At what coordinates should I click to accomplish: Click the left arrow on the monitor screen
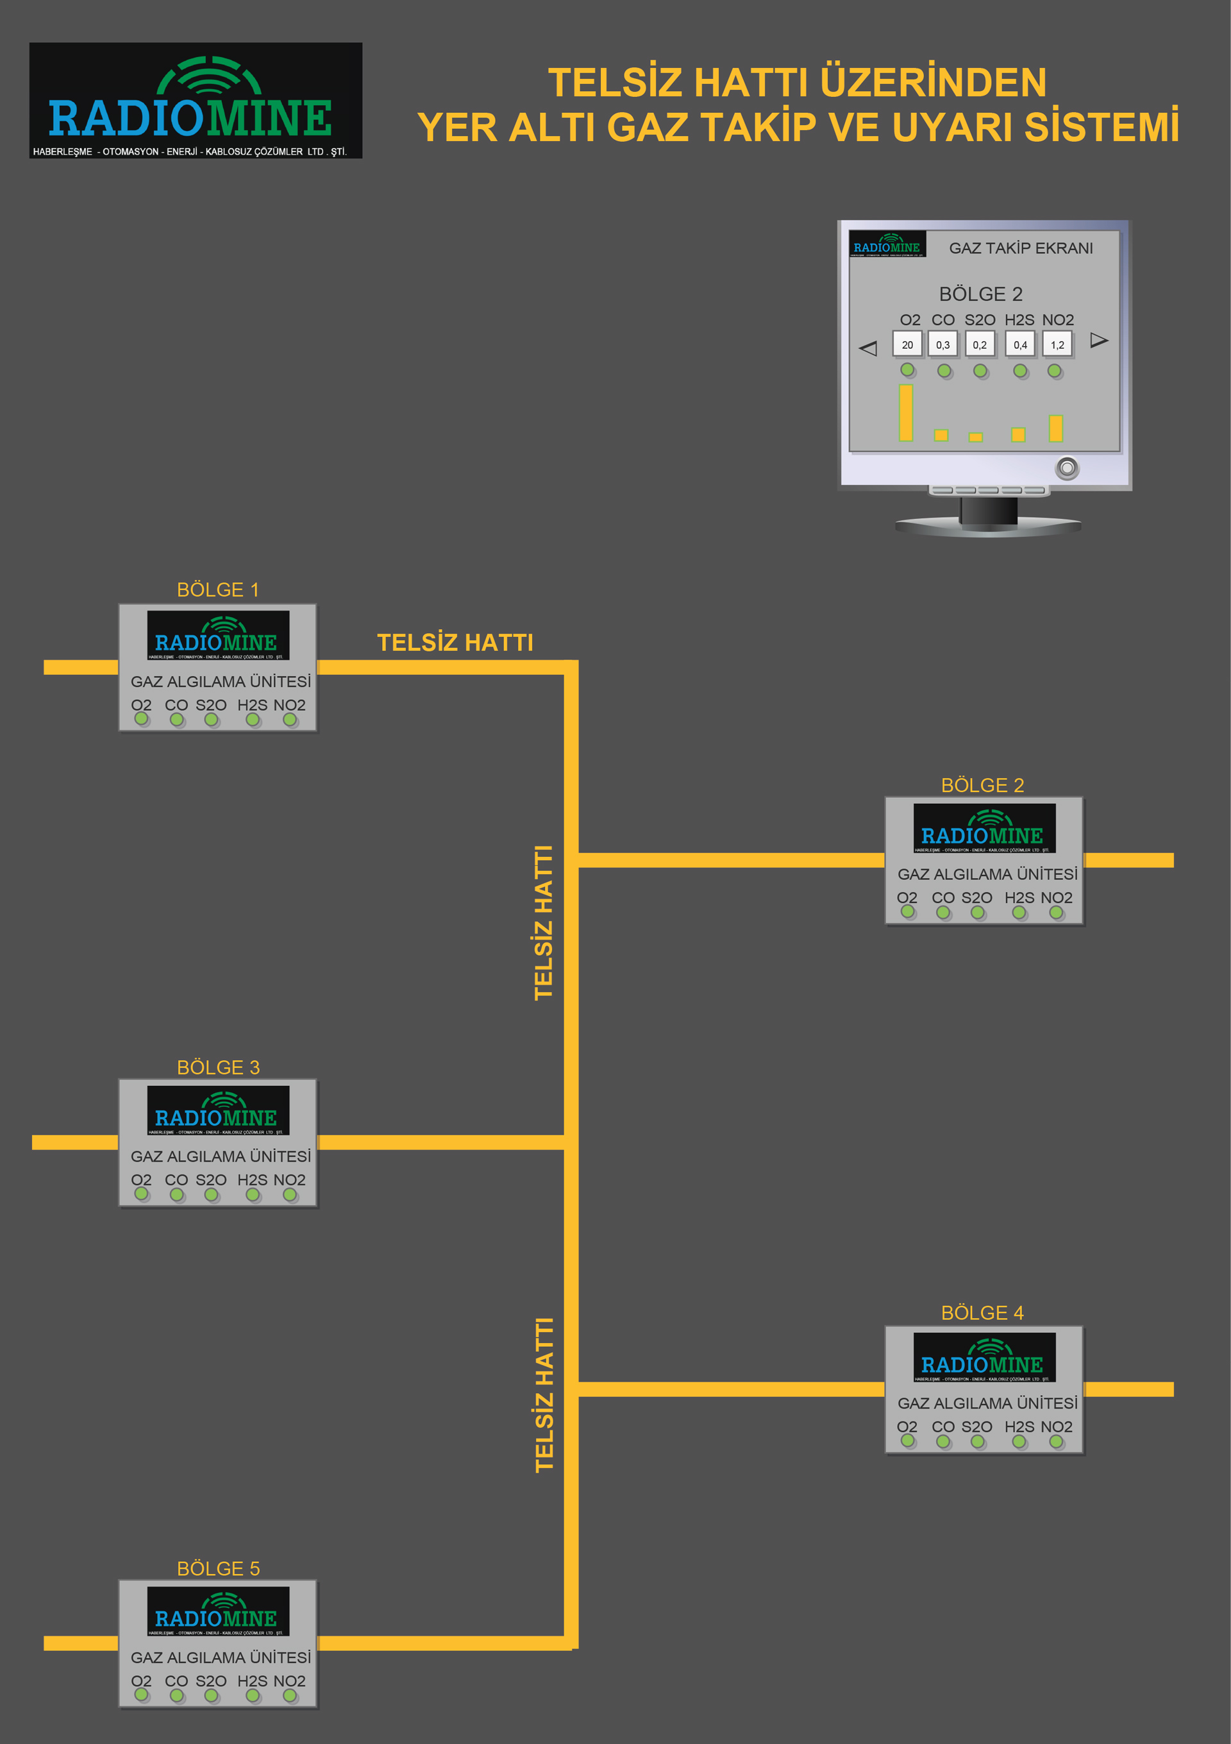click(x=868, y=348)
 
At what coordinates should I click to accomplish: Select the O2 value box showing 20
click(x=907, y=344)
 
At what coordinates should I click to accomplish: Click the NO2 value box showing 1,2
click(x=1057, y=344)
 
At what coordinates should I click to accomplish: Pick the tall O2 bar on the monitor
click(x=905, y=412)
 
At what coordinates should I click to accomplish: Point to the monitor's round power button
click(x=1067, y=467)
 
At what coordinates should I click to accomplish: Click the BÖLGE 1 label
click(x=218, y=589)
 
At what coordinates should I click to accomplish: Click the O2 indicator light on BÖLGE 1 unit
click(x=141, y=718)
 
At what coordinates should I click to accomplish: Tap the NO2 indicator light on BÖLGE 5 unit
click(x=289, y=1695)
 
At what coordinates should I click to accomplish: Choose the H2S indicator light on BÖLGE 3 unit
click(x=252, y=1194)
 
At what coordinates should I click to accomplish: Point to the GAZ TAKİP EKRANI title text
click(x=1021, y=248)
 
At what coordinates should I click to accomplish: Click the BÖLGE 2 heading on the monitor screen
click(x=980, y=294)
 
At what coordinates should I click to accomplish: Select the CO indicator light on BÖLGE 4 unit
click(x=942, y=1441)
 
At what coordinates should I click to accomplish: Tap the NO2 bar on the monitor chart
click(x=1055, y=428)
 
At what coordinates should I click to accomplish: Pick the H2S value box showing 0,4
click(x=1020, y=344)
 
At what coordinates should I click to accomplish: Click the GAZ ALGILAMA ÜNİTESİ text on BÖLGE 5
click(x=220, y=1657)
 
